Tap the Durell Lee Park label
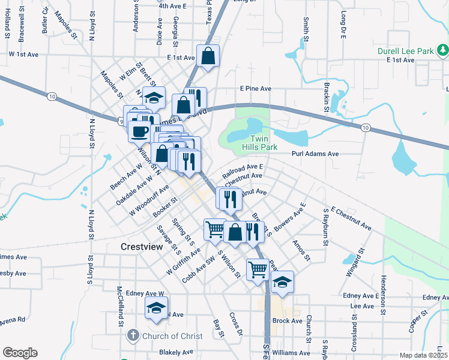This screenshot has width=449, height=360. tap(406, 51)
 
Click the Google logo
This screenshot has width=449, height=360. tap(20, 353)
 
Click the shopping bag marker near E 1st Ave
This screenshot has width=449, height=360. tap(208, 56)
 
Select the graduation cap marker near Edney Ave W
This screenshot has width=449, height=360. tap(156, 308)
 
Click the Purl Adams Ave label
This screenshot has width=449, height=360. tap(315, 154)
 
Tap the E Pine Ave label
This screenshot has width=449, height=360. tap(256, 88)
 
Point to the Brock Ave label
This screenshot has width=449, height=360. tap(287, 321)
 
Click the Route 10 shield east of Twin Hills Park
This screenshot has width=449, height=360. tap(365, 127)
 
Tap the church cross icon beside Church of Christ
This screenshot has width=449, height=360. tap(133, 336)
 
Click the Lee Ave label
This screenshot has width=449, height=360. tap(362, 306)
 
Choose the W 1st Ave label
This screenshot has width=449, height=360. tap(23, 54)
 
